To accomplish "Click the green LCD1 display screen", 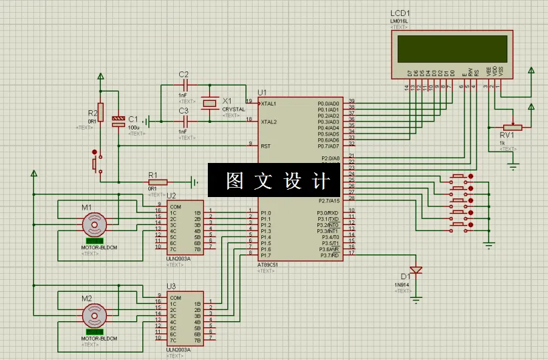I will tap(452, 47).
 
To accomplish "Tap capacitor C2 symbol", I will tap(185, 85).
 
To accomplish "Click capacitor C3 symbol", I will tap(185, 122).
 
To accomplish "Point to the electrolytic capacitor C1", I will tap(118, 121).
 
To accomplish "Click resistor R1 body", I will tap(157, 182).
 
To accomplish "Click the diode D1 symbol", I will tap(416, 271).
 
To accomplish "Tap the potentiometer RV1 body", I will tap(513, 127).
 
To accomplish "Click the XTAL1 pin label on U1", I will tap(269, 104).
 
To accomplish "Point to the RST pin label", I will tap(266, 146).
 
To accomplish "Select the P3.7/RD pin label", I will tap(329, 255).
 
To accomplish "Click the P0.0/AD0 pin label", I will tap(329, 104).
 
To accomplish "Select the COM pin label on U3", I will tap(175, 298).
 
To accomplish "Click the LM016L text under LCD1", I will tap(398, 21).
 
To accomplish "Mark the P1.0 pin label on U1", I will tap(266, 213).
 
